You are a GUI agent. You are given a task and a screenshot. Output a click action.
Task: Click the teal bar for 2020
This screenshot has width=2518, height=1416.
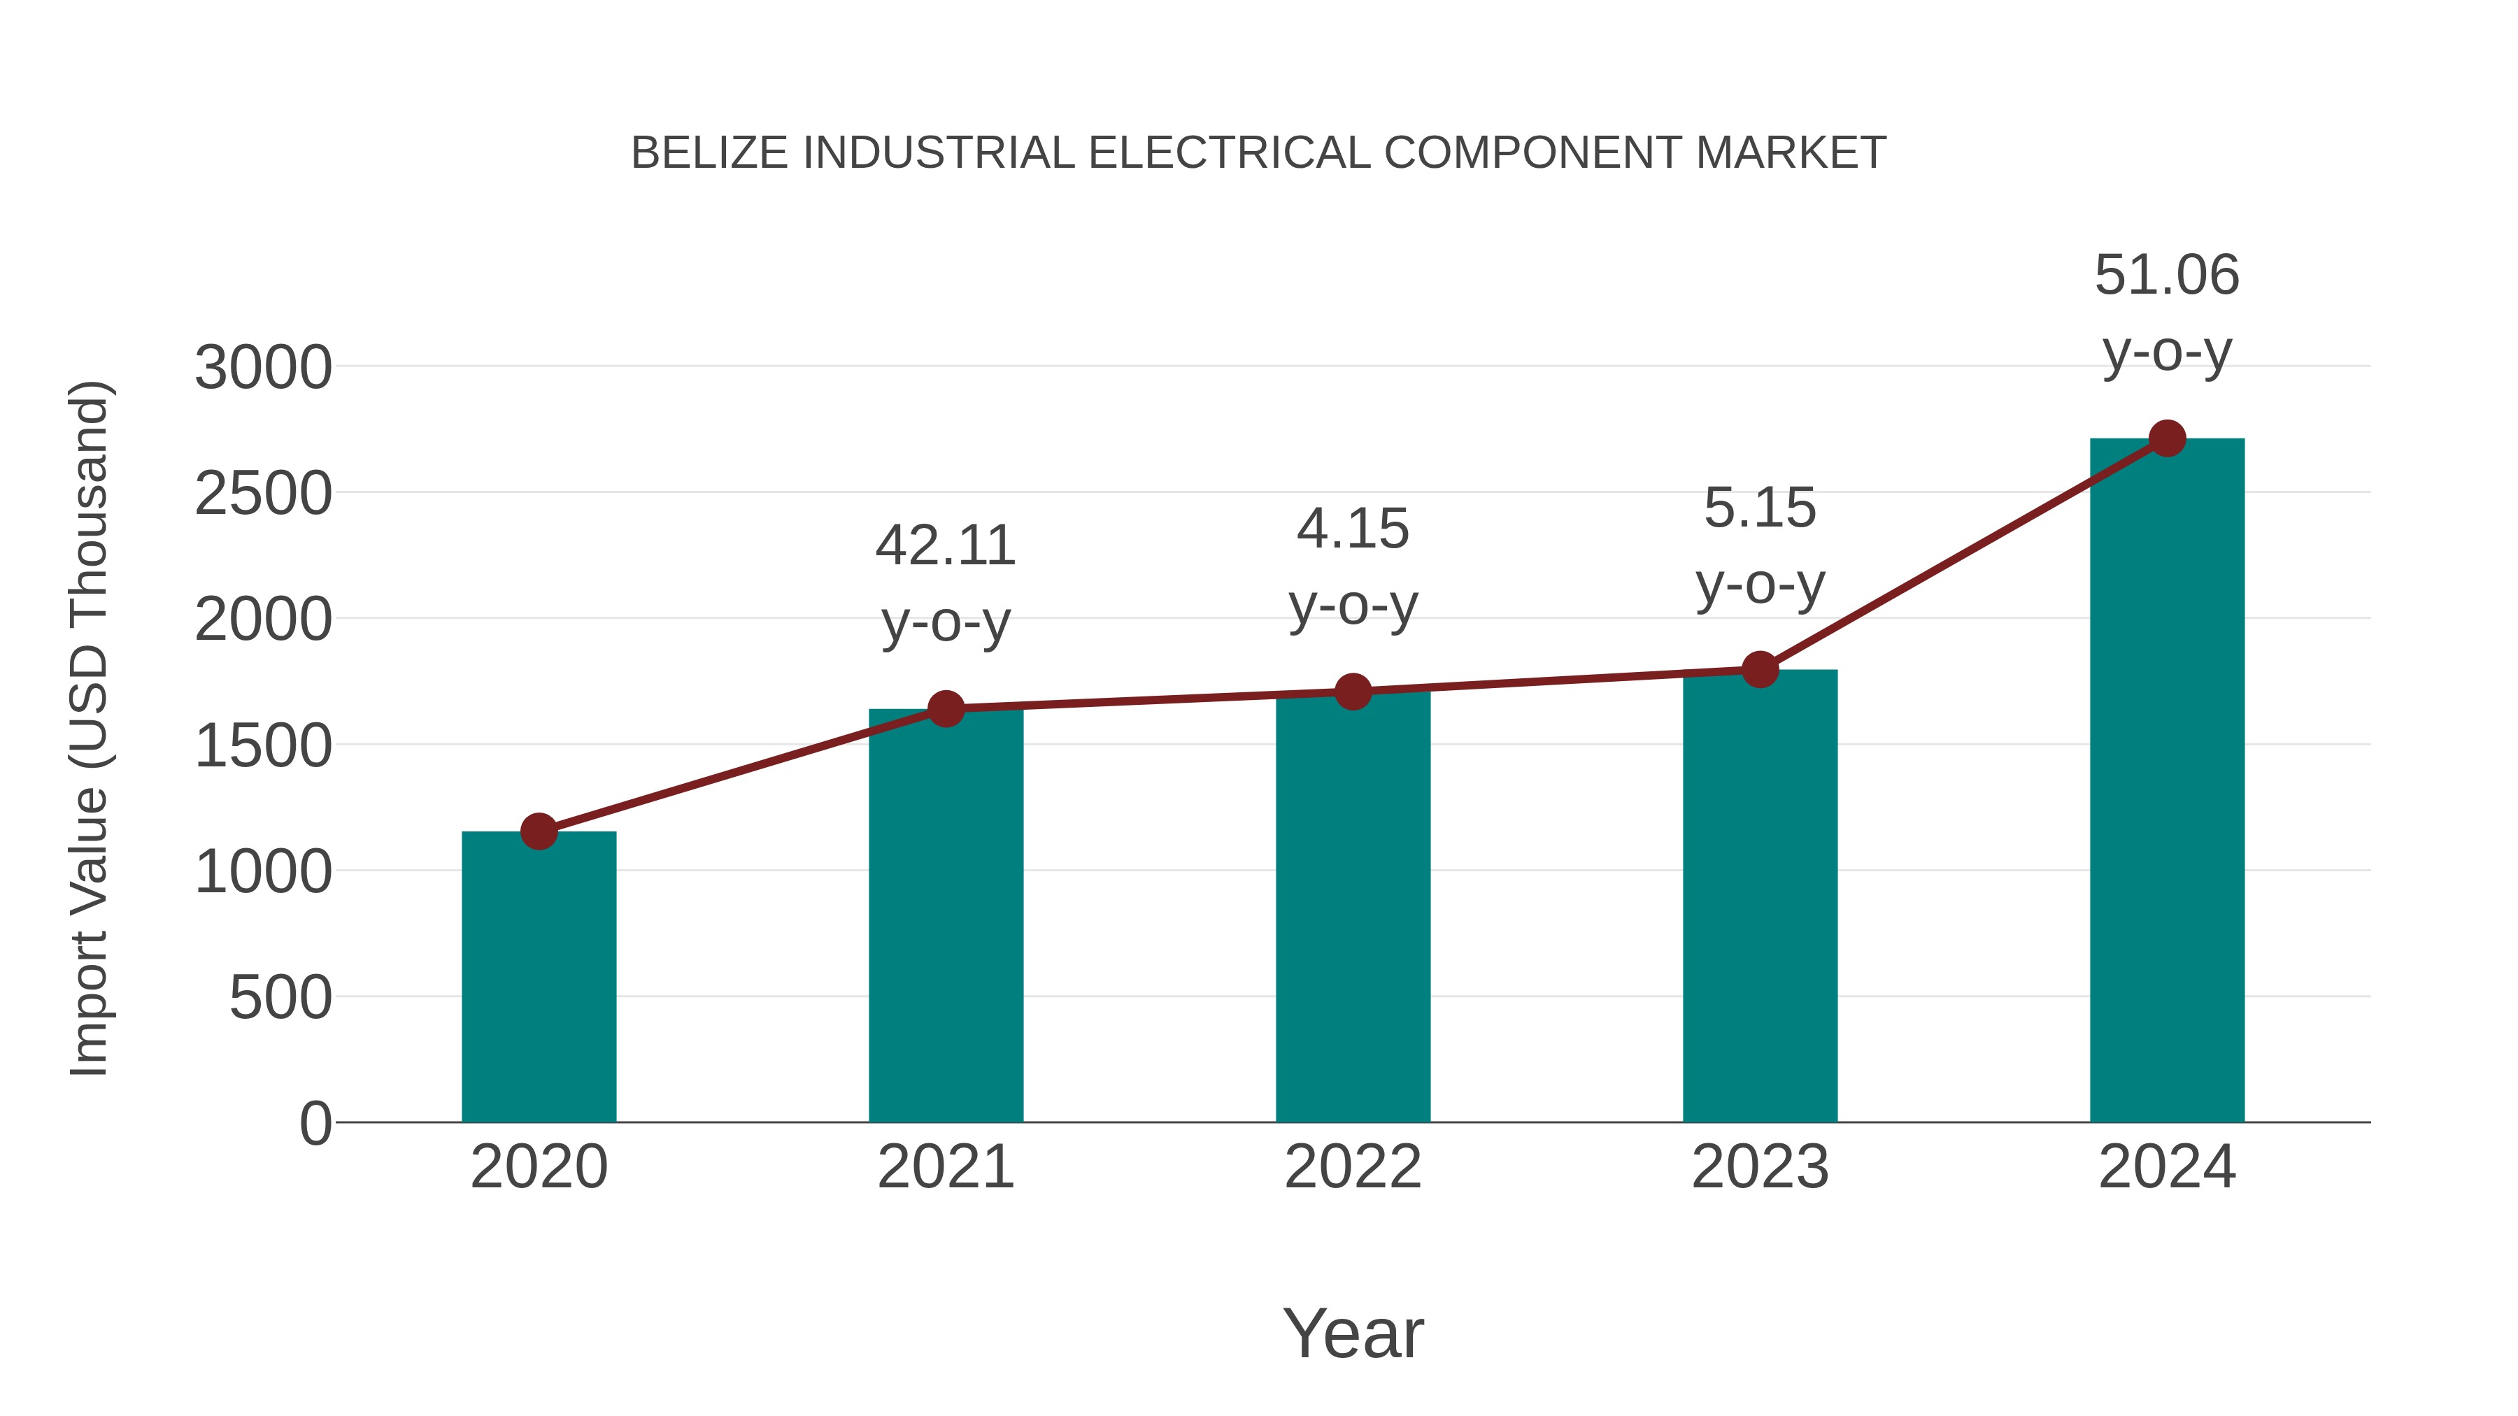coord(539,978)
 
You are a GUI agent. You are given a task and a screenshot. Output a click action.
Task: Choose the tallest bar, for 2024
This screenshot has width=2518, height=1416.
coord(2167,781)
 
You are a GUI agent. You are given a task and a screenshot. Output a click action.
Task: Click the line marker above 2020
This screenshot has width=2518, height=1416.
coord(539,831)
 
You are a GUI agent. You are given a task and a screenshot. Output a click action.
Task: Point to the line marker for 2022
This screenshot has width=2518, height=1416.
coord(1353,692)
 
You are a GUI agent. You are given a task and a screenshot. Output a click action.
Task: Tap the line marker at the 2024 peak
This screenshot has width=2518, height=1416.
coord(2167,438)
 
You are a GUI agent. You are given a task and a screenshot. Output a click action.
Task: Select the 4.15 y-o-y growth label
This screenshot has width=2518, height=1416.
coord(1353,567)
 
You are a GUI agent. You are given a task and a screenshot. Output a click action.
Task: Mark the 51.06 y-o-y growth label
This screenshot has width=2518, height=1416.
coord(2167,313)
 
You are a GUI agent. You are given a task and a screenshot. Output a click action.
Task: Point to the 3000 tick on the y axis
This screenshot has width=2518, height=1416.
coord(263,369)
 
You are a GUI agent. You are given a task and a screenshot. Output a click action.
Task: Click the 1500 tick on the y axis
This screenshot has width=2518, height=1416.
coord(263,747)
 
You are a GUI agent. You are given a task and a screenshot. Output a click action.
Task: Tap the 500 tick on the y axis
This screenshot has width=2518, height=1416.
coord(280,999)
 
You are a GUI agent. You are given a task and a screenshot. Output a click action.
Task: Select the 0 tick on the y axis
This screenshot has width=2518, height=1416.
coord(315,1124)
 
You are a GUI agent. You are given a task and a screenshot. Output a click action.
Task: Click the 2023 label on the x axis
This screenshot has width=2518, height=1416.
coord(1760,1167)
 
